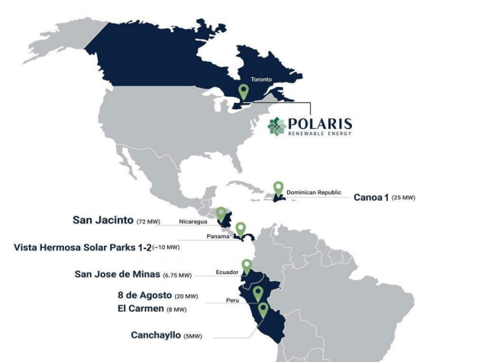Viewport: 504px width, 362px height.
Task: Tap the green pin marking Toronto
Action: tap(244, 92)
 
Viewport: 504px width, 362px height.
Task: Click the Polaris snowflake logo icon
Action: tap(276, 126)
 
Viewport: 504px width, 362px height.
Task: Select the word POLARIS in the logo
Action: tap(320, 124)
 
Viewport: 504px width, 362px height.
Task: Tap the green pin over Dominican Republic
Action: tap(279, 188)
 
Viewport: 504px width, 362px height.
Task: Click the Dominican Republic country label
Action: tap(314, 192)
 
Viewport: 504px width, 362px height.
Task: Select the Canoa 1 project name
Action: tap(371, 197)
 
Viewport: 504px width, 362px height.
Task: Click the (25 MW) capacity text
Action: tap(403, 198)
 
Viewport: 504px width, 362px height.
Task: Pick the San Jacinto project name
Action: tap(103, 220)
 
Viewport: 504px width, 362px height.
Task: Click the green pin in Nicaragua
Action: tap(221, 215)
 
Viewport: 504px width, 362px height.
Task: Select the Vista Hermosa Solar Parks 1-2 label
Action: tap(82, 247)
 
